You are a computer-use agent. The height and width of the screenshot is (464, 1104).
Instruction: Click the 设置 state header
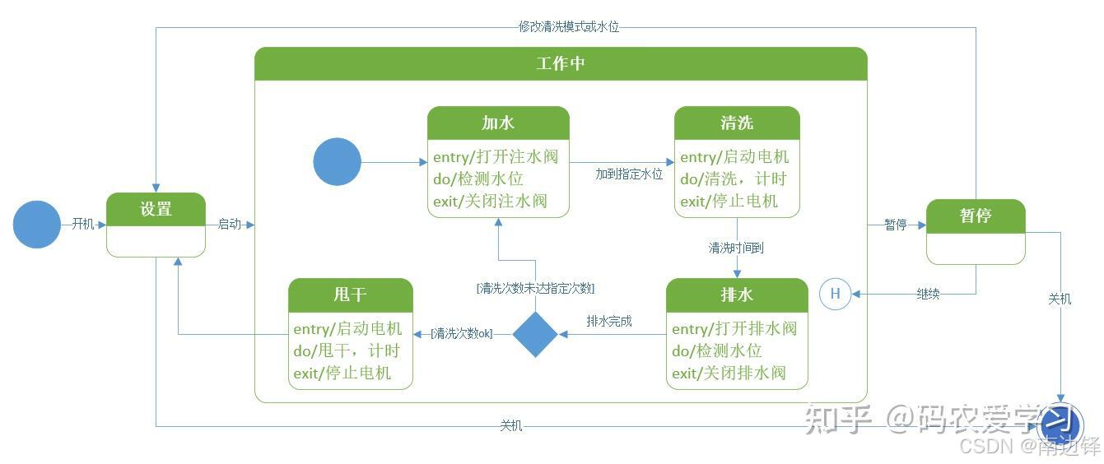[x=156, y=209]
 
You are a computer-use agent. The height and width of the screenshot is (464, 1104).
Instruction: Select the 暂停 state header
[x=976, y=216]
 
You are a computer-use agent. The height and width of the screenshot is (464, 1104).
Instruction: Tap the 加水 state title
[x=498, y=123]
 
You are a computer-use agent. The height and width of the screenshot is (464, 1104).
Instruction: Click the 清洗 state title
[x=737, y=123]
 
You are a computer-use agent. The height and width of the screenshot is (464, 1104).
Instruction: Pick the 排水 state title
[x=737, y=295]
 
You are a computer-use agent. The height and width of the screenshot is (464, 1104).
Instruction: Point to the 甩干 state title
[x=350, y=295]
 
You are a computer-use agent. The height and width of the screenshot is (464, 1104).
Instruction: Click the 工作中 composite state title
[x=561, y=63]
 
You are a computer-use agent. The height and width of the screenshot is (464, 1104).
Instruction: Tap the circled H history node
[x=835, y=293]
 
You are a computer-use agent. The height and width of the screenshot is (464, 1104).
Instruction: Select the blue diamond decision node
[x=535, y=334]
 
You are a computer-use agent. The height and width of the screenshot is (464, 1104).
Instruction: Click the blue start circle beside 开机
[x=37, y=225]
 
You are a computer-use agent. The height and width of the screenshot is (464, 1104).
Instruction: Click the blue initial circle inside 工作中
[x=337, y=161]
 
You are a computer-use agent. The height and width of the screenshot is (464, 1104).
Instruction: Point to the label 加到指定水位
[x=629, y=174]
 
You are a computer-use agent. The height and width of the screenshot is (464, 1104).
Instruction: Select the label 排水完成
[x=609, y=321]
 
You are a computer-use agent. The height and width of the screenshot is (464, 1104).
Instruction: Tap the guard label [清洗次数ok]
[x=461, y=334]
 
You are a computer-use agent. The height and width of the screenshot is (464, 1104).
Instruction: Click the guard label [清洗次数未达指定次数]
[x=535, y=288]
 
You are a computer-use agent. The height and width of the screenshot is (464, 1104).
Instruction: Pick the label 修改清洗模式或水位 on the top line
[x=568, y=26]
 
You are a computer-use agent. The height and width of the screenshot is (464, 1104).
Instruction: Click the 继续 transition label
[x=928, y=294]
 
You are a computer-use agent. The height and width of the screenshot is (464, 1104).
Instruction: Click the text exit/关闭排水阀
[x=729, y=373]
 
